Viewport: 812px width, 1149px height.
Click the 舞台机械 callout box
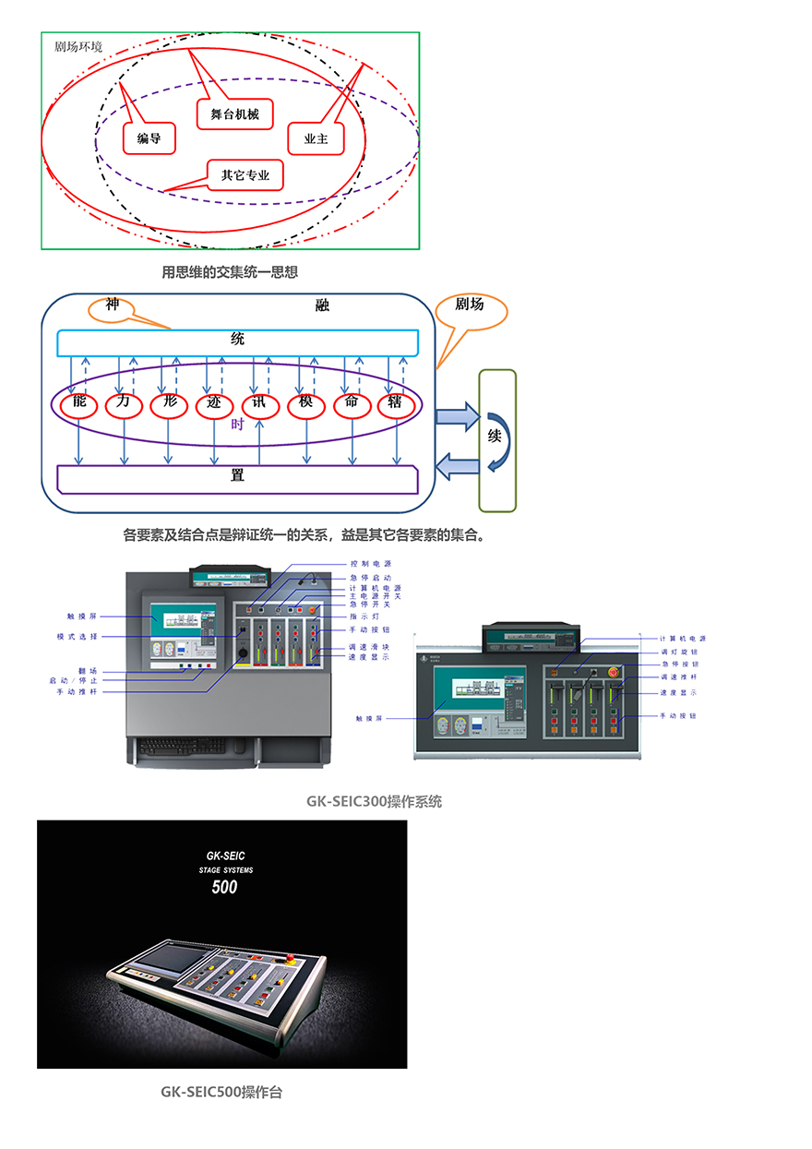234,114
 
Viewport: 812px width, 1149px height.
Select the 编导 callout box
149,138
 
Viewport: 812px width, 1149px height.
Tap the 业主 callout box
316,138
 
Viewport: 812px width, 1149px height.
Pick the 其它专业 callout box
245,174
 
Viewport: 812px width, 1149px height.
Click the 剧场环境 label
79,45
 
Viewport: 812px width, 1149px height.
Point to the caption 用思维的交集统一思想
230,272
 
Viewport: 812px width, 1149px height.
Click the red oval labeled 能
78,404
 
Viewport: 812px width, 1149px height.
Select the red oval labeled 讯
260,404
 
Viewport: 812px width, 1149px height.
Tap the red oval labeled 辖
397,404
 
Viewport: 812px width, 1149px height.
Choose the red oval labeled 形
169,404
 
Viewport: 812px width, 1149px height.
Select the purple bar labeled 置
237,477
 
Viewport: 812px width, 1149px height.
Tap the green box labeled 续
496,440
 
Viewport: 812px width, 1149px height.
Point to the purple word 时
237,425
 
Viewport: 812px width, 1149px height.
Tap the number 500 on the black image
224,888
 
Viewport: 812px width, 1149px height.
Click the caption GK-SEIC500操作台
221,1093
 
